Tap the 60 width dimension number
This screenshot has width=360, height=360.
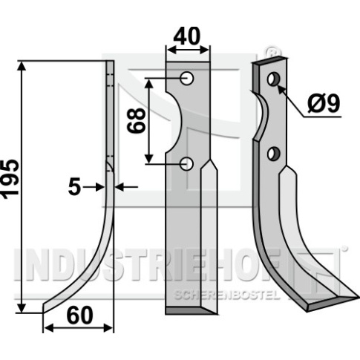(80, 315)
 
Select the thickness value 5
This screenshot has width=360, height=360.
(74, 187)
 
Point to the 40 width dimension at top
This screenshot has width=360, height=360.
(187, 36)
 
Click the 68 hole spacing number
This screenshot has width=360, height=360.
(136, 120)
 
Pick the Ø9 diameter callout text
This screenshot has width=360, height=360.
(324, 104)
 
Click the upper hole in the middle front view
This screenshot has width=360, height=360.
(187, 79)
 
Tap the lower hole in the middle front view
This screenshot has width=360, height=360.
(186, 164)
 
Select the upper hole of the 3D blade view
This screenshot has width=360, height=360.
(273, 79)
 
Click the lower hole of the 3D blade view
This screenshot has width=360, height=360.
(273, 154)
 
